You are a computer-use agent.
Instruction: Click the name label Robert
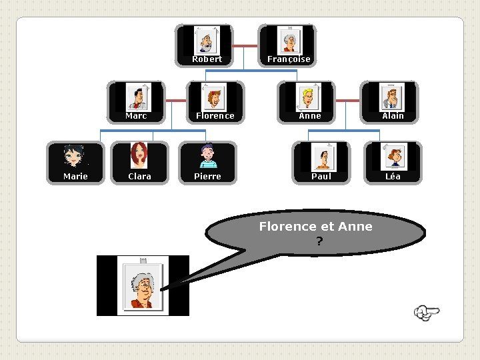click(x=207, y=59)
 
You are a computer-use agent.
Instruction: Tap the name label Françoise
click(x=289, y=59)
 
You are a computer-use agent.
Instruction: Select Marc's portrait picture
click(x=138, y=98)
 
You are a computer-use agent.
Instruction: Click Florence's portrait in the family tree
click(x=215, y=98)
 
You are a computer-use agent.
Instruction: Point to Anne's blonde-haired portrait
click(x=309, y=98)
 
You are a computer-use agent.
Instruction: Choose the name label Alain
click(x=393, y=116)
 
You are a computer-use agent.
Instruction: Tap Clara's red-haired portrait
click(x=139, y=157)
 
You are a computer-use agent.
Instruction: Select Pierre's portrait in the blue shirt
click(x=207, y=157)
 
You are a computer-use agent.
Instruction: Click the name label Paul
click(x=321, y=177)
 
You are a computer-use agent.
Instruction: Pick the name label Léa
click(x=393, y=177)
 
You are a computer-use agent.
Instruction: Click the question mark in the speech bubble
click(x=319, y=241)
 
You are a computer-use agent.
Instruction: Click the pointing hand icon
click(x=427, y=312)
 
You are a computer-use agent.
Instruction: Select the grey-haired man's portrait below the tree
click(x=143, y=286)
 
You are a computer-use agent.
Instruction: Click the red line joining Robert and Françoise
click(x=245, y=46)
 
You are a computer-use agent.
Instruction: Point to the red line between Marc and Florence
click(x=175, y=101)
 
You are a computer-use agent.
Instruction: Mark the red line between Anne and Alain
click(x=347, y=101)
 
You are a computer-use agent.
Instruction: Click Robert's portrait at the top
click(x=206, y=41)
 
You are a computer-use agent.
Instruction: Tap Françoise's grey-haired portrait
click(x=289, y=41)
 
